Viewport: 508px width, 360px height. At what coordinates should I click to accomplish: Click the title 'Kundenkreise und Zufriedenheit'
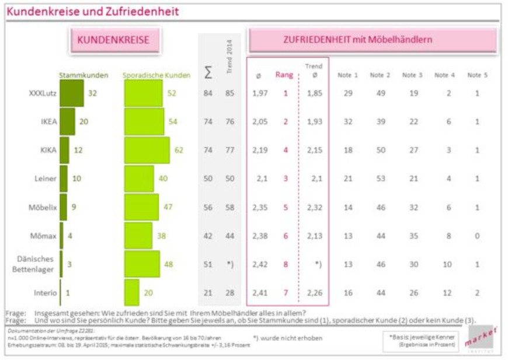(93, 12)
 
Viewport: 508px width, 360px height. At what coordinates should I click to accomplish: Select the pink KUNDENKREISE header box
(113, 40)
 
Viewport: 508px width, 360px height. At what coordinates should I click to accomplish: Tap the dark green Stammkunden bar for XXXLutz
(72, 93)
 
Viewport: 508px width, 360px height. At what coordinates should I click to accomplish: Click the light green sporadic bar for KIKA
(147, 150)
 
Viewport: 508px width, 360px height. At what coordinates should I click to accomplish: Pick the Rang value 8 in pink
(285, 264)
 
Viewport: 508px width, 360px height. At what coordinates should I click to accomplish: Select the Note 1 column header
(347, 75)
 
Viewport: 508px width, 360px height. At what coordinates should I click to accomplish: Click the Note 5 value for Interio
(477, 293)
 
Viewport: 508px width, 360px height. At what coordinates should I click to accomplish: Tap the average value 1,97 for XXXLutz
(260, 93)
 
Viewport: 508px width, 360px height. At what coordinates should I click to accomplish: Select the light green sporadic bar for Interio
(132, 292)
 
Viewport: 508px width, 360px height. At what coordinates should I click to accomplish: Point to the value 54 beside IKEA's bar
(173, 121)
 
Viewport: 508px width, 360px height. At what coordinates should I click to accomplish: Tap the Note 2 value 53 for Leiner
(380, 179)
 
